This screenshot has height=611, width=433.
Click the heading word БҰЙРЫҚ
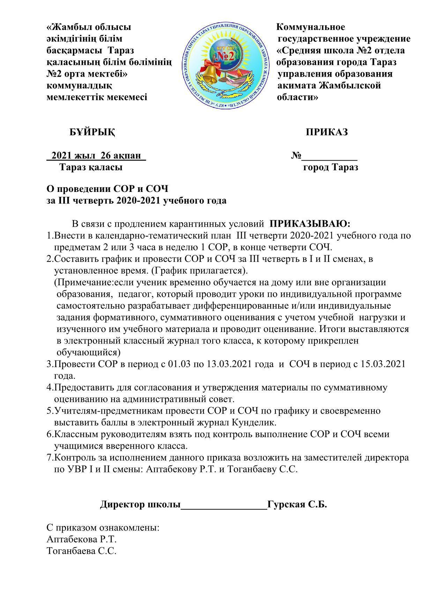(92, 132)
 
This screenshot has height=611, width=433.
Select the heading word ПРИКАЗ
(327, 132)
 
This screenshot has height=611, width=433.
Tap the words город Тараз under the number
(330, 168)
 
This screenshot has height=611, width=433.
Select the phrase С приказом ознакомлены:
(103, 528)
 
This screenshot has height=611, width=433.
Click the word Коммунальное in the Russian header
(311, 27)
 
